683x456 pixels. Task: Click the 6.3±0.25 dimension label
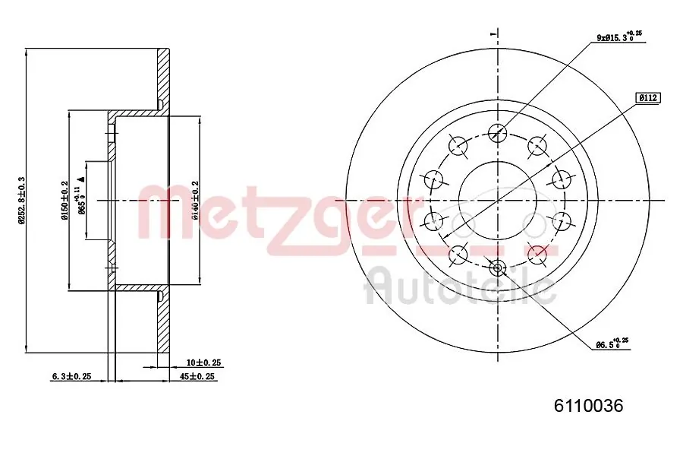pos(71,376)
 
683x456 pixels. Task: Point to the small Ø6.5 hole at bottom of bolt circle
pos(498,267)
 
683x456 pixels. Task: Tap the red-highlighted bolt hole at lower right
pos(537,254)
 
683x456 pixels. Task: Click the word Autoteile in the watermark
pos(461,287)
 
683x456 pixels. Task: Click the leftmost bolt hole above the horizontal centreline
pos(433,180)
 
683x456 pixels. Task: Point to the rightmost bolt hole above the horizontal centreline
pos(562,180)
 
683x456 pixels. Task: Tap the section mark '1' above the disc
pos(493,34)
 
